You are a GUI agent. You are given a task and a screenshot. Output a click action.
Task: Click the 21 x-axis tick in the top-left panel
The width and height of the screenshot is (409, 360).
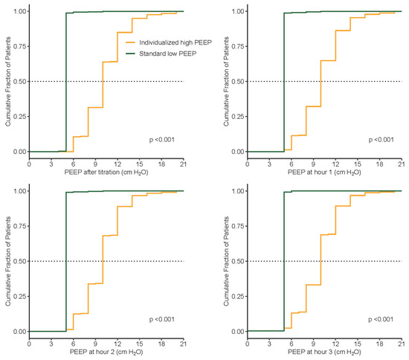pyautogui.click(x=183, y=161)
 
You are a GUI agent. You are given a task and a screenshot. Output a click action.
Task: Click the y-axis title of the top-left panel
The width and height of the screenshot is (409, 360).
pyautogui.click(x=7, y=81)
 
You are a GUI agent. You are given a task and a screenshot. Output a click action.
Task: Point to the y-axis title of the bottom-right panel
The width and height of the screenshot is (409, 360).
pyautogui.click(x=225, y=261)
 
